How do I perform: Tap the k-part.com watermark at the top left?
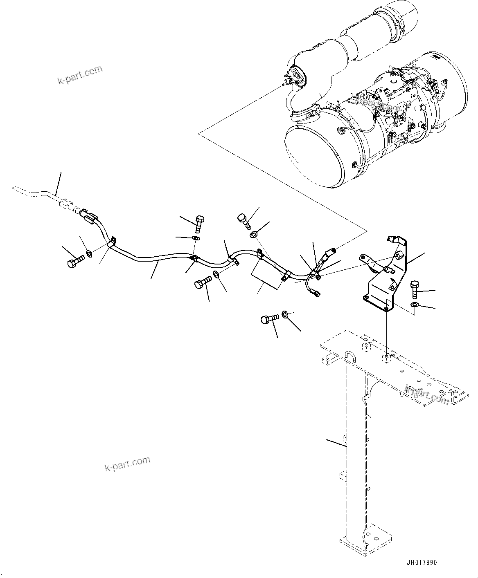(x=80, y=75)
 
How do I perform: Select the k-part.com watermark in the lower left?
(x=127, y=464)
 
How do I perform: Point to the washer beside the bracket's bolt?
(x=415, y=305)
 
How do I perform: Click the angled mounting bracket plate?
(x=383, y=278)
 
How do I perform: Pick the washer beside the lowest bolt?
(x=286, y=314)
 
